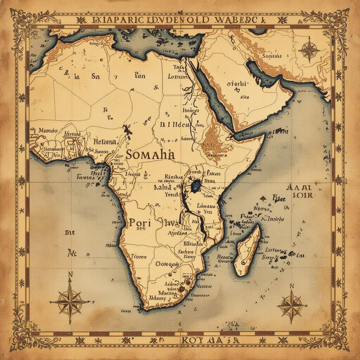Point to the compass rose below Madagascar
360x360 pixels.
291,305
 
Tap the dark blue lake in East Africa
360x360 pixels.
195,184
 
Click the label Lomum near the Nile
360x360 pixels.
178,76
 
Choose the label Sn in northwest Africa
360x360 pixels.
96,76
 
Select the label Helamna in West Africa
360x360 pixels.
104,142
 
